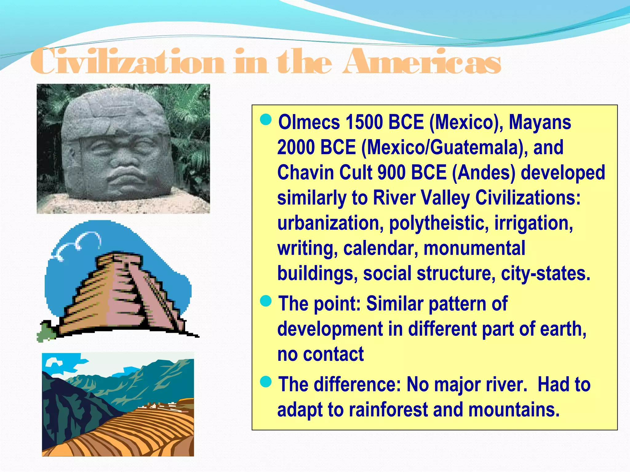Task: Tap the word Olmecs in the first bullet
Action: point(309,122)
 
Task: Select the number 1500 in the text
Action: point(364,122)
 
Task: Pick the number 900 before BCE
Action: point(391,172)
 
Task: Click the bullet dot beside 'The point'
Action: point(266,301)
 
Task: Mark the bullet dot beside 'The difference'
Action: point(266,382)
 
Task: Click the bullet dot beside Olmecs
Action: point(266,120)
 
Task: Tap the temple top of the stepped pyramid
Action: point(118,260)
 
